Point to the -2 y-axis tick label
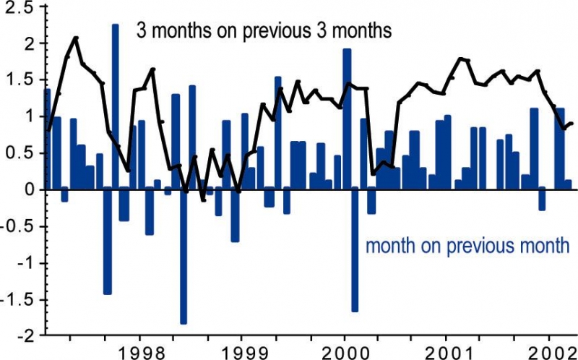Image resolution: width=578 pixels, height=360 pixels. point(22,336)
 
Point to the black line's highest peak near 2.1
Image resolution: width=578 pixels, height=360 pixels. point(76,38)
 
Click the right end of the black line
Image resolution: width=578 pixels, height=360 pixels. point(571,123)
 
